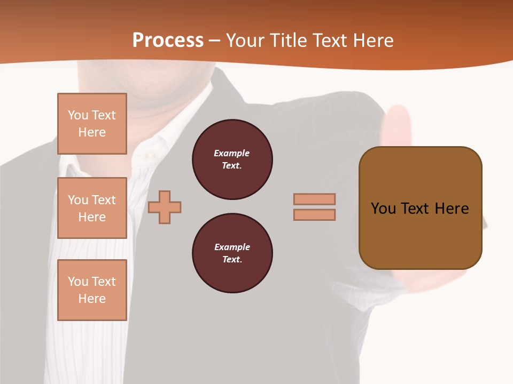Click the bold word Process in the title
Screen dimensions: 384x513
tap(168, 41)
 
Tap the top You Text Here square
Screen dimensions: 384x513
tap(92, 124)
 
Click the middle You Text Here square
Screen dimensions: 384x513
tap(92, 208)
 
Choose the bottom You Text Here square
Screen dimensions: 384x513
tap(92, 290)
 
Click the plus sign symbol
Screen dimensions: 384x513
tap(165, 207)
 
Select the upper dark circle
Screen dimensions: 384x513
tap(232, 159)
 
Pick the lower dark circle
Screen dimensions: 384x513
tap(232, 253)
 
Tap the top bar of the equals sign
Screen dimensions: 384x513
tap(314, 199)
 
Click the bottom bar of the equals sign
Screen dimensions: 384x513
tap(314, 215)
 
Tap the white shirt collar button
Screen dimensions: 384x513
tap(151, 155)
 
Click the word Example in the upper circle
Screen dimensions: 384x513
tap(231, 153)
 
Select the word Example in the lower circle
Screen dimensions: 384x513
tap(232, 247)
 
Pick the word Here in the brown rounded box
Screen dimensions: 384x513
tap(452, 209)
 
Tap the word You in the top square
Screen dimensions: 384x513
tap(77, 115)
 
